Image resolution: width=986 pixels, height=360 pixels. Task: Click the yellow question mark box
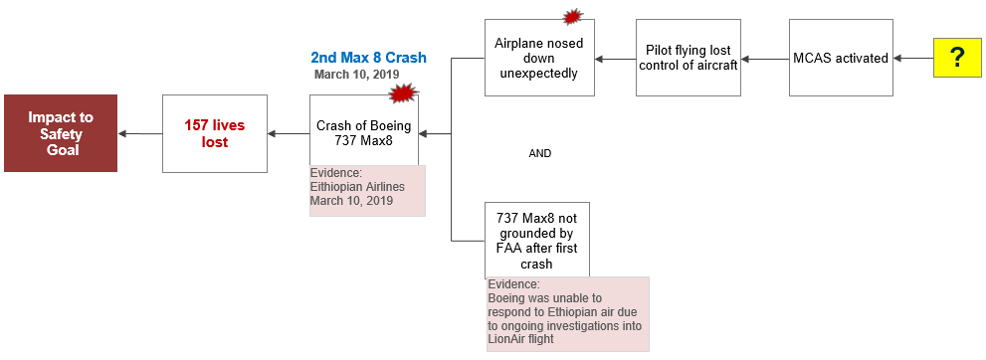pyautogui.click(x=957, y=59)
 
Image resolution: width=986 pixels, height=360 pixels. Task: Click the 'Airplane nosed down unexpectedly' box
pyautogui.click(x=539, y=59)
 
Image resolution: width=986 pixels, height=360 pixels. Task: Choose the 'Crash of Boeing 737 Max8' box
pyautogui.click(x=363, y=133)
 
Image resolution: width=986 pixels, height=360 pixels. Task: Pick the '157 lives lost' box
pyautogui.click(x=215, y=133)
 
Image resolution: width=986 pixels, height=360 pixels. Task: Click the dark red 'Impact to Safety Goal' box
pyautogui.click(x=61, y=133)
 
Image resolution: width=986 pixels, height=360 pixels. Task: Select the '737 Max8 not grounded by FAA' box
pyautogui.click(x=537, y=239)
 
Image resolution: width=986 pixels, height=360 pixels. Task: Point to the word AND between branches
pyautogui.click(x=539, y=154)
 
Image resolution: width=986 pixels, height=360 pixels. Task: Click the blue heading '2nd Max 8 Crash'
pyautogui.click(x=369, y=58)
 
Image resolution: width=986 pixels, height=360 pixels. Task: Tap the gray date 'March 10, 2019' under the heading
pyautogui.click(x=355, y=75)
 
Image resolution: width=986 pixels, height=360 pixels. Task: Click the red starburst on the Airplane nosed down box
pyautogui.click(x=572, y=16)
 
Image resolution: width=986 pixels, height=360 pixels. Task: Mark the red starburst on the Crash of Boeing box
pyautogui.click(x=402, y=93)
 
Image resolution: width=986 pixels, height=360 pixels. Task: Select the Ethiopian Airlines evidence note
pyautogui.click(x=367, y=190)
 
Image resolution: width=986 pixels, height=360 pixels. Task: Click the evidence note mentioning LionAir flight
pyautogui.click(x=567, y=313)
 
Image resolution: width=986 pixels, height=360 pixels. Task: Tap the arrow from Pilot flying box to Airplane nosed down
pyautogui.click(x=615, y=59)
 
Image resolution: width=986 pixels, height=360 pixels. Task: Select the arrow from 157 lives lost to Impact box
pyautogui.click(x=139, y=133)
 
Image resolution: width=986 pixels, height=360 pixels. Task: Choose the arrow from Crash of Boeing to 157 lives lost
pyautogui.click(x=289, y=133)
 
